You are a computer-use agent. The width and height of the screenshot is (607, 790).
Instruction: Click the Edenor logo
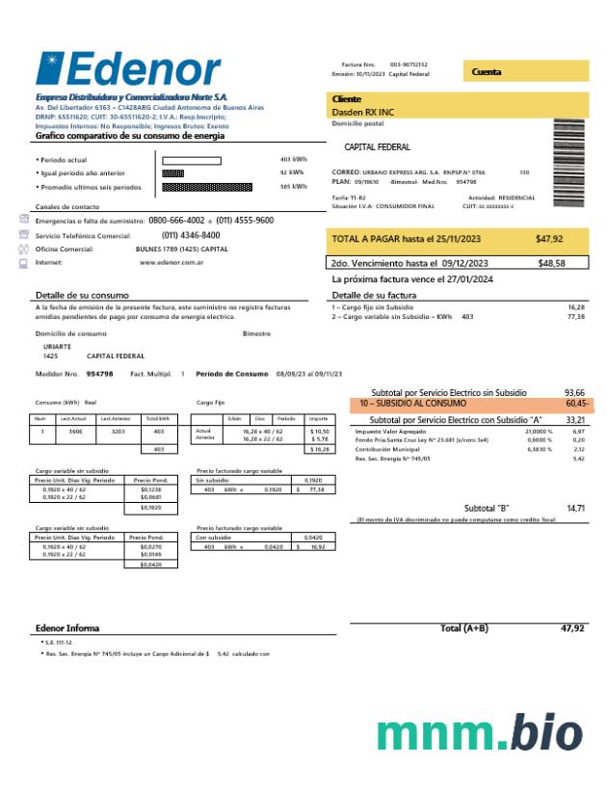[128, 68]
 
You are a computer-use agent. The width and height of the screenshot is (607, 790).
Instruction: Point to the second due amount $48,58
[551, 263]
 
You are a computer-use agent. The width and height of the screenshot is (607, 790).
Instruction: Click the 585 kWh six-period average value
[293, 187]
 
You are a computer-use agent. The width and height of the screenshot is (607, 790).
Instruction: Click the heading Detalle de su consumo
[82, 295]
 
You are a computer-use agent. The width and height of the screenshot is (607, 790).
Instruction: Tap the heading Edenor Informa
[67, 628]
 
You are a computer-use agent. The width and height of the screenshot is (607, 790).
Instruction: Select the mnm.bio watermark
[479, 734]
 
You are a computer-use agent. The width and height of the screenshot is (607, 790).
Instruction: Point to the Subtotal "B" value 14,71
[575, 508]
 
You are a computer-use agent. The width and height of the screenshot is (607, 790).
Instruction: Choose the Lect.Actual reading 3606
[74, 432]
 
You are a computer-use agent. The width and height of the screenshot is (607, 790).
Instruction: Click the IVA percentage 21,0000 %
[539, 432]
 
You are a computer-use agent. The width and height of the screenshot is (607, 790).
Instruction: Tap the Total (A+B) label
[463, 628]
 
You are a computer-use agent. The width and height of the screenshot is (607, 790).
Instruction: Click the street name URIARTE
[57, 346]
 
